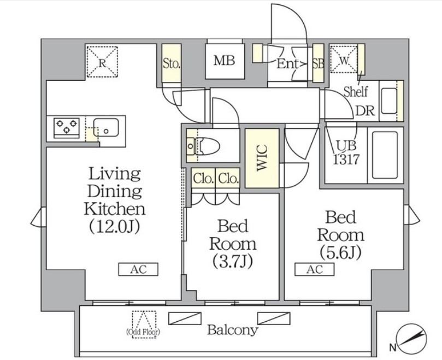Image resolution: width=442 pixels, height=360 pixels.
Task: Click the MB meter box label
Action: point(225,60)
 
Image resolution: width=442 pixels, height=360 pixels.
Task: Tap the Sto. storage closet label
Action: point(172,64)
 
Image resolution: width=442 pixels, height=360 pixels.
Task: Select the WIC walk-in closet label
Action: point(262,158)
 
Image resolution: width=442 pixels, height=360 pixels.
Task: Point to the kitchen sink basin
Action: point(107,127)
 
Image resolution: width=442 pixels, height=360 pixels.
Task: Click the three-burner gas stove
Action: point(67,128)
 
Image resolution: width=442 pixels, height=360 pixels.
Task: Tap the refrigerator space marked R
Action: point(102,62)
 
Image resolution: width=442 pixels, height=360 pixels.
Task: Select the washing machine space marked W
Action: point(344,58)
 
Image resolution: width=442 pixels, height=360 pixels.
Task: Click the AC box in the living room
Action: point(138,269)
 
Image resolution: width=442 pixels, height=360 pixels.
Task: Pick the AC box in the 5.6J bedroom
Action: point(314,269)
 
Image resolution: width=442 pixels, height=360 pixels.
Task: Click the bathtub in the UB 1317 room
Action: point(385,155)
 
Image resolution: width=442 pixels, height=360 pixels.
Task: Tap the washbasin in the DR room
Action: point(389,101)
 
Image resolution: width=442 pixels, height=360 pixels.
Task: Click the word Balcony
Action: point(233,329)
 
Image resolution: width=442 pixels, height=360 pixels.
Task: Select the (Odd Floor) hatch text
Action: point(143,332)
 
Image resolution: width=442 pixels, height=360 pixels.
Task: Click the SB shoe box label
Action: point(319,63)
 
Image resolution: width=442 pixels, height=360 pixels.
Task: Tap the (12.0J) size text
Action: point(114,226)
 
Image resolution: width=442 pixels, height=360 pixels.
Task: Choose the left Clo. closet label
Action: point(203,178)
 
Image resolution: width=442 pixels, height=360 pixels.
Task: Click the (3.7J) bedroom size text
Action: point(233,261)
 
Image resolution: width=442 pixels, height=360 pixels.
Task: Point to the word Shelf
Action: point(356,92)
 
